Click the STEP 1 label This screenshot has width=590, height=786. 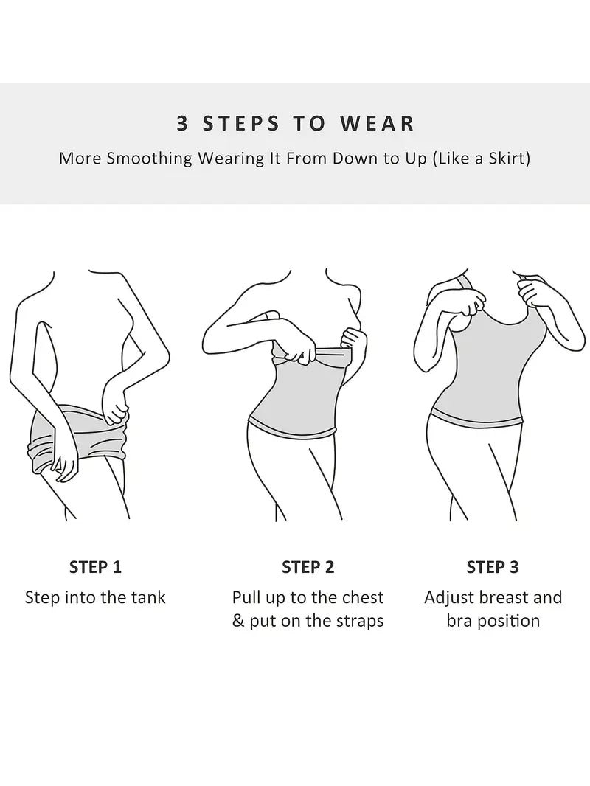95,567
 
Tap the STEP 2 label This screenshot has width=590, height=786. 308,567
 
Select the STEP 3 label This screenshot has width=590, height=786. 493,567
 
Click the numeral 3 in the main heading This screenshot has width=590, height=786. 182,123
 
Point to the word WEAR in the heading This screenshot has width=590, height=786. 378,123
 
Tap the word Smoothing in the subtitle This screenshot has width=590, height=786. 150,159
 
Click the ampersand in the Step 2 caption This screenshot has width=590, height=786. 237,621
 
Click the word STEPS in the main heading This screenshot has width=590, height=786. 240,123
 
